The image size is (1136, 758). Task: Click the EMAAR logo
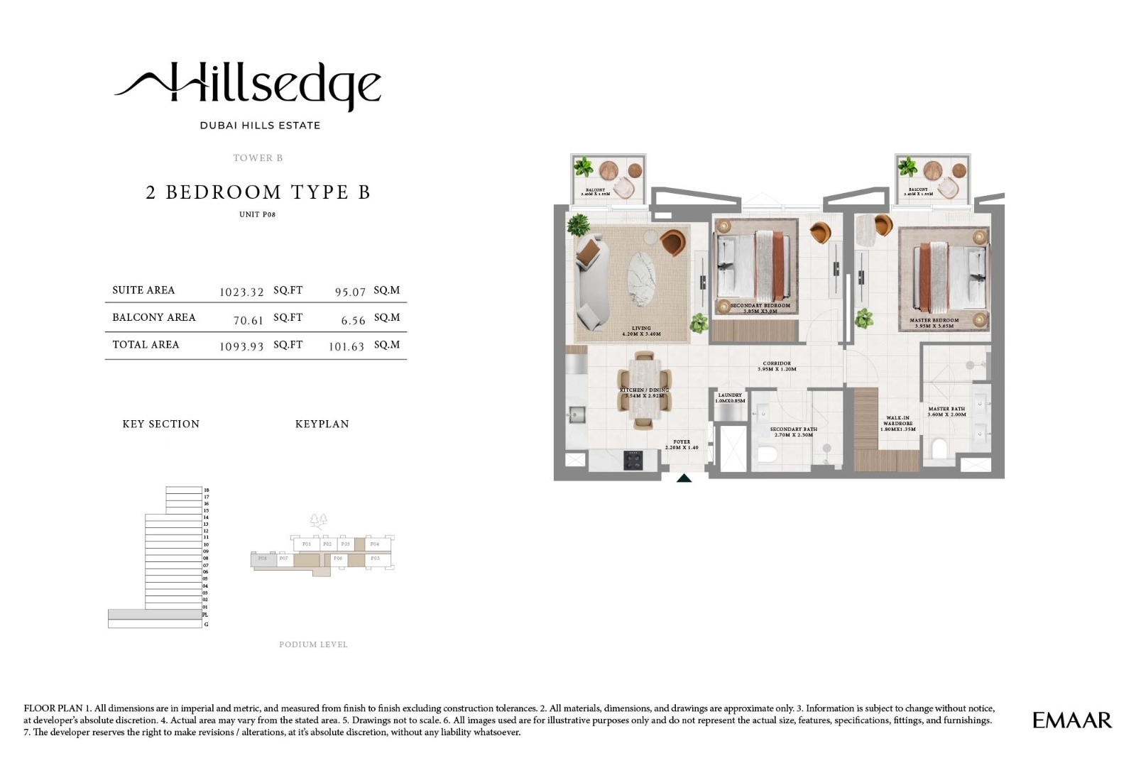tap(1071, 720)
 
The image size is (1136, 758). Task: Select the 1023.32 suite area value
tap(241, 292)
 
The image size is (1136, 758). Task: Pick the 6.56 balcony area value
tap(353, 320)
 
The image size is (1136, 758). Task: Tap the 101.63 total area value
tap(346, 347)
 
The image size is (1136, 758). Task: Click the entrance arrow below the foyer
tap(684, 478)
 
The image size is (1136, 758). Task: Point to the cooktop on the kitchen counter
tap(633, 460)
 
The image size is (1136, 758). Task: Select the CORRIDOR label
tap(777, 363)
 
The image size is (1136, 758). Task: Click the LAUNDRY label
tap(730, 395)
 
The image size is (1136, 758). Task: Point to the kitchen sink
tap(575, 412)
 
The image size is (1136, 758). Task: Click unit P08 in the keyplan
tap(263, 559)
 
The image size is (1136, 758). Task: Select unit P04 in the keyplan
tap(375, 544)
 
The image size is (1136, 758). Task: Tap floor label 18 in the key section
tap(206, 490)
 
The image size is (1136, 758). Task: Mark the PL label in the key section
tap(206, 615)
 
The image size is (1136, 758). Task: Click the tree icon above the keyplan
tap(319, 522)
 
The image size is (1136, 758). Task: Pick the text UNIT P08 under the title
tap(257, 214)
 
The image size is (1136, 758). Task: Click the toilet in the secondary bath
tap(766, 454)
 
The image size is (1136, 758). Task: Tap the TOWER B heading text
tap(258, 158)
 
